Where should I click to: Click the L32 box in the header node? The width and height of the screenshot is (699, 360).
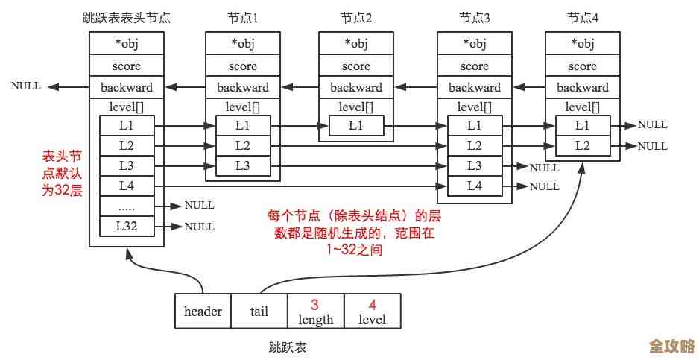(127, 226)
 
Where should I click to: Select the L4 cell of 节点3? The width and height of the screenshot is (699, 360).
(475, 186)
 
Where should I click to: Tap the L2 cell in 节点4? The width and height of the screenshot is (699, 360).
(582, 146)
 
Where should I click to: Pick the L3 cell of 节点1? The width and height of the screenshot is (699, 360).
(243, 165)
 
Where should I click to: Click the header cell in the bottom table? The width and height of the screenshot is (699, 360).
(203, 312)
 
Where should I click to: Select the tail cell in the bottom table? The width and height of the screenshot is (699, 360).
(259, 312)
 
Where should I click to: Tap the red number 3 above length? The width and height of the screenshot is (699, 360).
(315, 305)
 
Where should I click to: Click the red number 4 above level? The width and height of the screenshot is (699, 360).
(372, 305)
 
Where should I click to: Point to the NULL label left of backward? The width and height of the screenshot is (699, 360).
(26, 86)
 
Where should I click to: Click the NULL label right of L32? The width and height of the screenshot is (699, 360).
(199, 226)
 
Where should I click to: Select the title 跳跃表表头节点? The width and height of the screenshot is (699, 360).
(127, 17)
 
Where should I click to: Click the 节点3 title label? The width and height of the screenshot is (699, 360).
(475, 17)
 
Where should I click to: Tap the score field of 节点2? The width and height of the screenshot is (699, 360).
(356, 66)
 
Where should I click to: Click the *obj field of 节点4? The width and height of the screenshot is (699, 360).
(582, 43)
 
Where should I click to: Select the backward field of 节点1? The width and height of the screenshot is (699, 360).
(243, 87)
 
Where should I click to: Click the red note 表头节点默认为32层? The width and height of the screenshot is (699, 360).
(61, 173)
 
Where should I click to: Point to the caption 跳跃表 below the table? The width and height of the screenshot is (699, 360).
(288, 347)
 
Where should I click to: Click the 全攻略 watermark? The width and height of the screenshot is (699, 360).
(671, 346)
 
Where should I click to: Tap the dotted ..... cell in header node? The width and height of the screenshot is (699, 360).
(127, 206)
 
